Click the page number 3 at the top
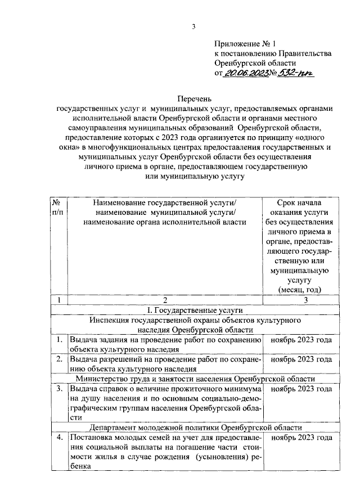click(x=193, y=26)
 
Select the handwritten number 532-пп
click(x=298, y=73)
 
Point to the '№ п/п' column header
click(x=58, y=207)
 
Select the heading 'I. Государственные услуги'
click(x=194, y=309)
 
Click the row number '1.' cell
click(x=58, y=340)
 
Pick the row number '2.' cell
click(x=58, y=359)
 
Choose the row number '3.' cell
click(x=58, y=389)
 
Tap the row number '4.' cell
click(x=58, y=437)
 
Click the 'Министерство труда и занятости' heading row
click(x=194, y=379)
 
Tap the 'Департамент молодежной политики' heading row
click(x=194, y=427)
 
